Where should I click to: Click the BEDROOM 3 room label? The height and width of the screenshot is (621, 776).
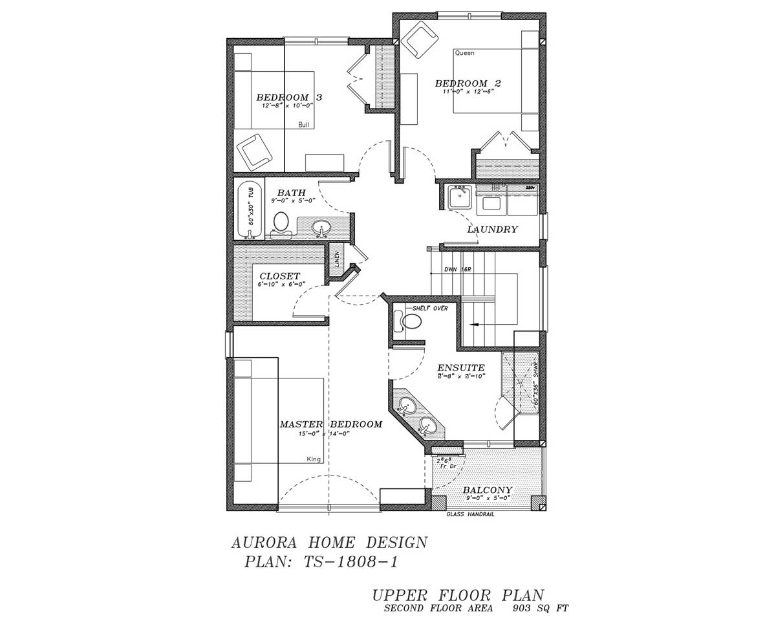[289, 97]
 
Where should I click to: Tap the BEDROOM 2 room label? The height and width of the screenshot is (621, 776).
[468, 83]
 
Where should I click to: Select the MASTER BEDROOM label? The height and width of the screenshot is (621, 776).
[330, 424]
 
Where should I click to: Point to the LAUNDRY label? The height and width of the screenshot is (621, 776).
[493, 229]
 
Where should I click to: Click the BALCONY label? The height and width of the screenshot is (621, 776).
[488, 490]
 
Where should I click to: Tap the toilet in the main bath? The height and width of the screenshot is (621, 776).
[281, 223]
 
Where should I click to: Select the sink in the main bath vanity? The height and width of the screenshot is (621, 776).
[321, 228]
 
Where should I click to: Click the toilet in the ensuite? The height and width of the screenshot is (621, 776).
[409, 320]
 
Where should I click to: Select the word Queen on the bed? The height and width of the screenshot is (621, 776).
[464, 53]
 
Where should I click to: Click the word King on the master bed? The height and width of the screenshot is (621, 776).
[314, 459]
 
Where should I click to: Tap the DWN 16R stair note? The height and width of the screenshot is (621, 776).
[457, 269]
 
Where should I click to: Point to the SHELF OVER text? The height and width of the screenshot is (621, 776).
[430, 308]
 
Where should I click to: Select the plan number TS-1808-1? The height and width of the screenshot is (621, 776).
[350, 561]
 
